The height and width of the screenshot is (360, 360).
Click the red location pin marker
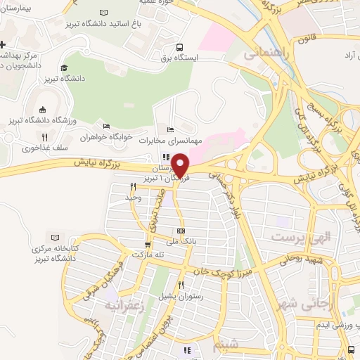[x=181, y=165]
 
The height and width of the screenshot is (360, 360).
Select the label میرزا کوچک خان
[x=221, y=269]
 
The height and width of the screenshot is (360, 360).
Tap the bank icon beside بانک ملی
[x=181, y=231]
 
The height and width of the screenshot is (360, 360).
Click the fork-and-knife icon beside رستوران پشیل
[x=181, y=285]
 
